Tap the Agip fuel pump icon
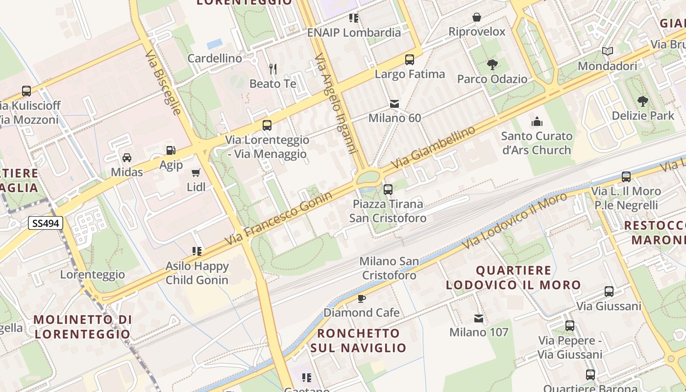click(171, 151)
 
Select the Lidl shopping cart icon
click(196, 172)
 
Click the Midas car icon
click(127, 158)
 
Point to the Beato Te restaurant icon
click(272, 69)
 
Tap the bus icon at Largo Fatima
click(410, 60)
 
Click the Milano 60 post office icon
click(394, 104)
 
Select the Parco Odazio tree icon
click(492, 65)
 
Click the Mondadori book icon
click(608, 51)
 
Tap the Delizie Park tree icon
click(643, 101)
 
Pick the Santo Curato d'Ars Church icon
click(537, 122)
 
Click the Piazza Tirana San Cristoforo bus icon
click(388, 189)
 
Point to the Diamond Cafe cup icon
click(362, 298)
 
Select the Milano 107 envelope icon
click(479, 318)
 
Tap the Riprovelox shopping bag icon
click(477, 18)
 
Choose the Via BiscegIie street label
click(163, 81)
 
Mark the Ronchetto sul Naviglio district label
click(358, 341)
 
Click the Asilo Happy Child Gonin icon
click(197, 251)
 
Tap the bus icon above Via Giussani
click(609, 292)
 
